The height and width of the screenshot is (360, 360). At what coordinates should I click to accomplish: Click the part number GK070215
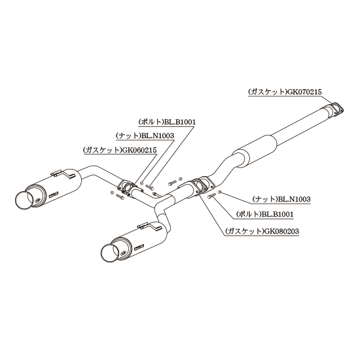[304, 92]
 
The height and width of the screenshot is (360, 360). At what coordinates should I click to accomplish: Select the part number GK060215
[139, 150]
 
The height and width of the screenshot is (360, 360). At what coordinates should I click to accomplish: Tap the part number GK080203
[281, 231]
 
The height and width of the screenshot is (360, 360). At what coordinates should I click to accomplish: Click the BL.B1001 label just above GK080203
[278, 214]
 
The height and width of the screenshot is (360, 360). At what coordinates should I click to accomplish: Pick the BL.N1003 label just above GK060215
[158, 136]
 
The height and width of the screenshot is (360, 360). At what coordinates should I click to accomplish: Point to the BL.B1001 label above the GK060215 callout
[180, 122]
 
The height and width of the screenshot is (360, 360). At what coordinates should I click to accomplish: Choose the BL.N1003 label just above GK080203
[294, 199]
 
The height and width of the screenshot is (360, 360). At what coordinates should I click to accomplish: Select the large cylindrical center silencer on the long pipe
[255, 149]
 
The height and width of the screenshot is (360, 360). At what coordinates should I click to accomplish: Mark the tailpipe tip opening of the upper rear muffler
[24, 199]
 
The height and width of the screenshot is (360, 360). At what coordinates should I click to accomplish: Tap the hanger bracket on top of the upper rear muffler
[62, 174]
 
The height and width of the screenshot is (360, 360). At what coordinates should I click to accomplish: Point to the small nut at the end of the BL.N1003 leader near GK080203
[219, 192]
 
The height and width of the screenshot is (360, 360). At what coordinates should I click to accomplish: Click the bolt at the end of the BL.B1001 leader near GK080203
[211, 196]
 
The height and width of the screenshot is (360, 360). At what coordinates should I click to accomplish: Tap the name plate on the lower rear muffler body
[139, 246]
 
